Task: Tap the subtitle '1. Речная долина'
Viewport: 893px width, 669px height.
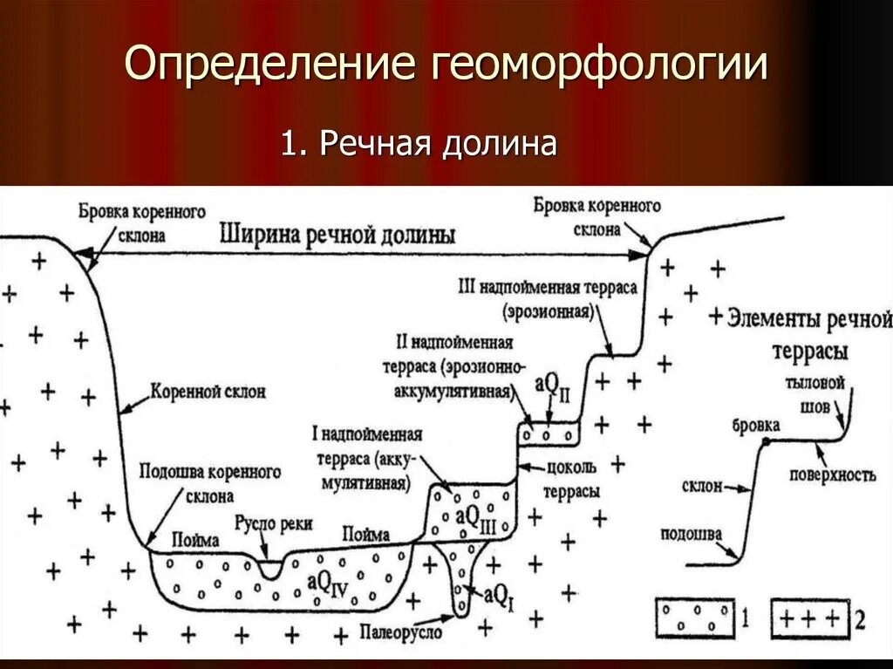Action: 418,142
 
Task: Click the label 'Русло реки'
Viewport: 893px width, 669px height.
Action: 273,523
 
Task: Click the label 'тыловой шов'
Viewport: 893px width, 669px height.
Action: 815,394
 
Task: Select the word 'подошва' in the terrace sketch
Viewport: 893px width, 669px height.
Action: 690,534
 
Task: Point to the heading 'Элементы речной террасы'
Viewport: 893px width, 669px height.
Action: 810,332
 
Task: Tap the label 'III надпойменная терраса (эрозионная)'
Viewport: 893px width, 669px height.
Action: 548,297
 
